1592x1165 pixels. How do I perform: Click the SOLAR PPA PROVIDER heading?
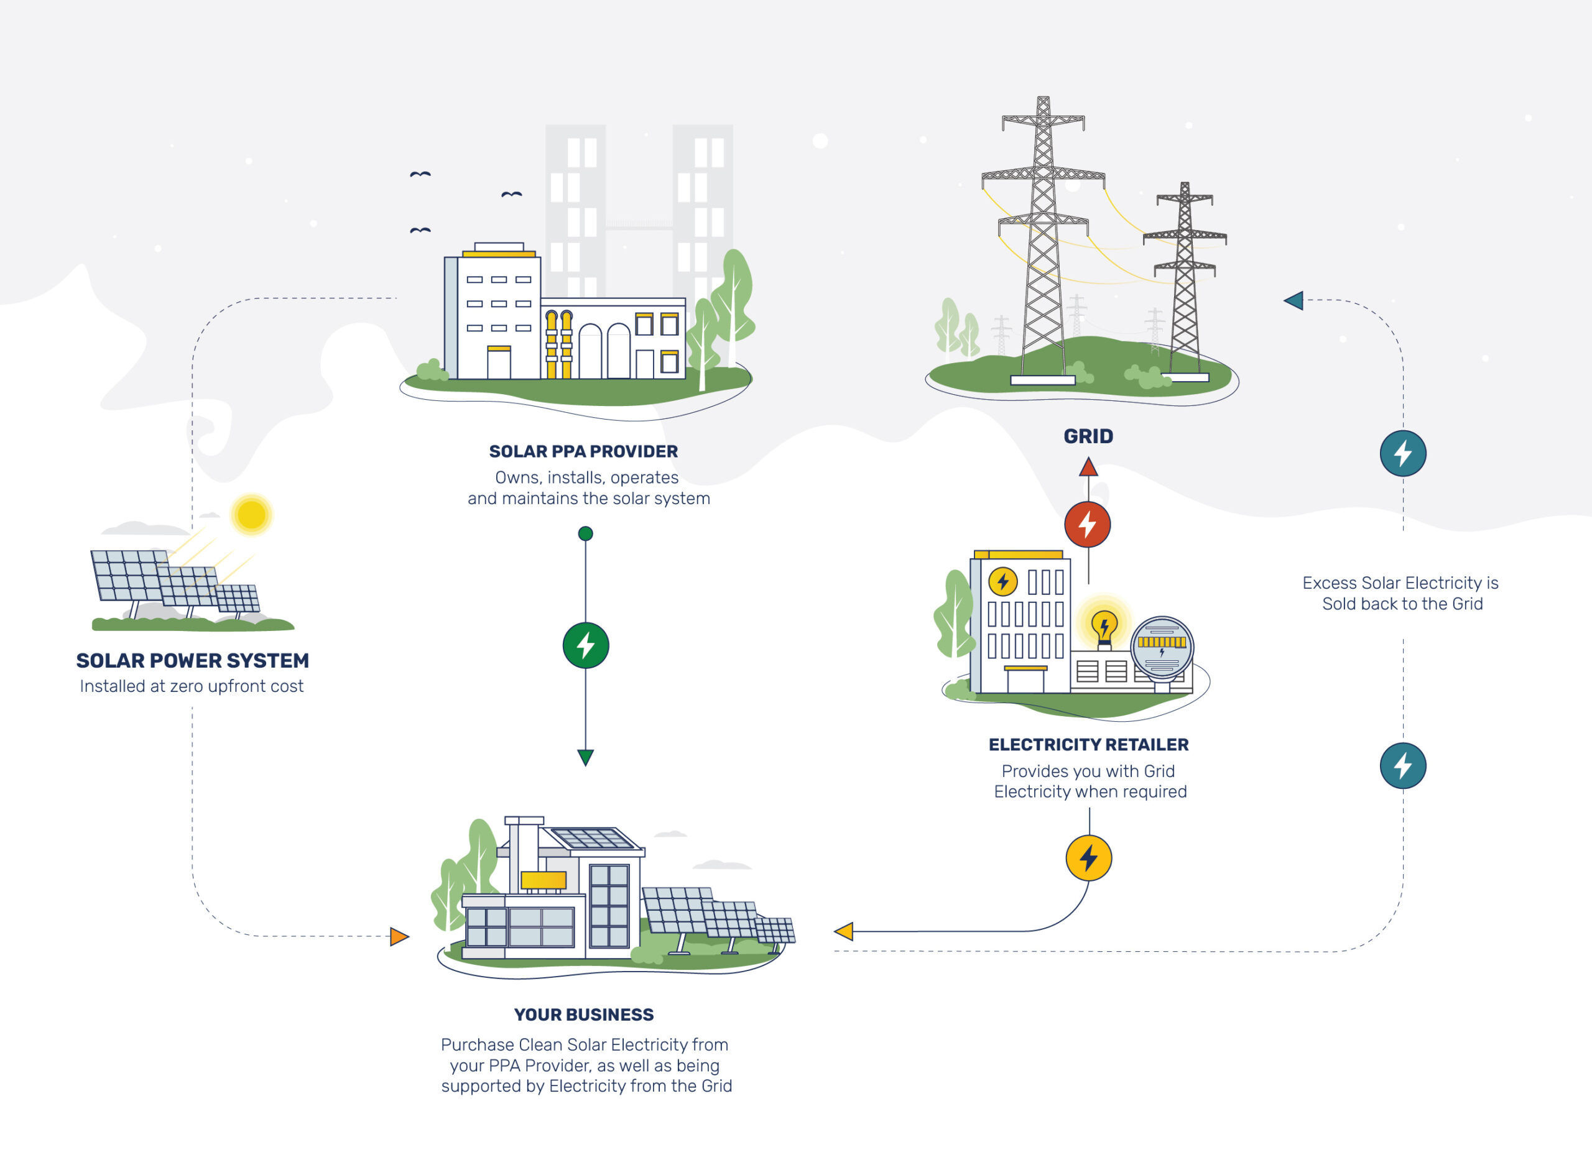(x=583, y=451)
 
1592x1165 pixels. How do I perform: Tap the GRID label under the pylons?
(x=1088, y=436)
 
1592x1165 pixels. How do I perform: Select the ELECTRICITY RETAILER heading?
(x=1088, y=745)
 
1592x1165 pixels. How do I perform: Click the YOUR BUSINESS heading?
(x=584, y=1015)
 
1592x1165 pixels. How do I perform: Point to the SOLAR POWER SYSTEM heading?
(x=193, y=661)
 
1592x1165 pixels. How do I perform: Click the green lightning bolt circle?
(x=585, y=645)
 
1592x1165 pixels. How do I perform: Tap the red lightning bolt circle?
(x=1088, y=525)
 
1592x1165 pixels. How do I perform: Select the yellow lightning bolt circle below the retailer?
(x=1089, y=859)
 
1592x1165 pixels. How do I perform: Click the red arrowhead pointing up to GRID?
(x=1088, y=466)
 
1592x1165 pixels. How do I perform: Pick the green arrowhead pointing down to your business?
(x=585, y=757)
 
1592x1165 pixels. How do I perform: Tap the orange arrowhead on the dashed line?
(x=399, y=936)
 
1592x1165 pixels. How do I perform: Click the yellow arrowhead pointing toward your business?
(x=844, y=932)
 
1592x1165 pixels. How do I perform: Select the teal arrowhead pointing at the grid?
(x=1293, y=301)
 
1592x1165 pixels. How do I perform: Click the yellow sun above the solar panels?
(x=251, y=514)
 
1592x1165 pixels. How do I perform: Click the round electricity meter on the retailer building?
(x=1162, y=647)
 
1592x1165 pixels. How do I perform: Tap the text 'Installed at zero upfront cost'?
(x=192, y=686)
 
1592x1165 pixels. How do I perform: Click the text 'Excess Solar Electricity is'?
(x=1400, y=583)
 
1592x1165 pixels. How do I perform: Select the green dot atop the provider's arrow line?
(x=585, y=534)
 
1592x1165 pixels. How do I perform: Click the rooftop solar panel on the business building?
(x=593, y=840)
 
